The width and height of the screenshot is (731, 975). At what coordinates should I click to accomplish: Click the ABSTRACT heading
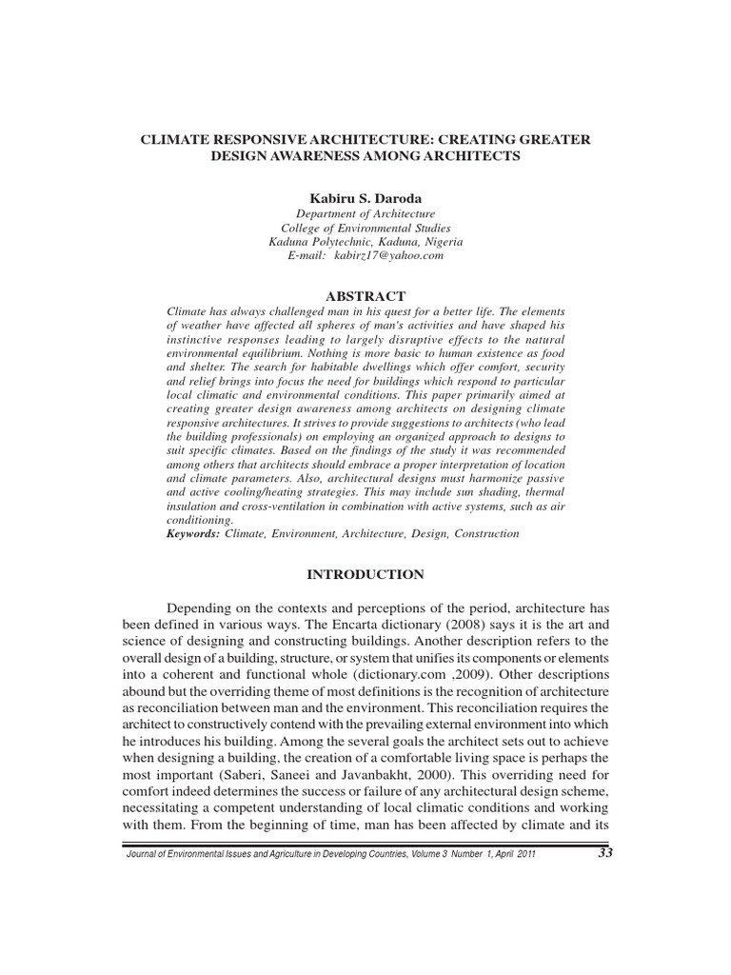[365, 296]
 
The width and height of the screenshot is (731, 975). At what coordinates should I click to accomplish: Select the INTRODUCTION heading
[365, 574]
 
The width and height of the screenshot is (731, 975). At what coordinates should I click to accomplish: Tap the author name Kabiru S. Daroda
[365, 197]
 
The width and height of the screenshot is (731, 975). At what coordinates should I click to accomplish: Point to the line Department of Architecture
[365, 214]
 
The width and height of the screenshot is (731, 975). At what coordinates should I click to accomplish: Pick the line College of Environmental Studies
[365, 229]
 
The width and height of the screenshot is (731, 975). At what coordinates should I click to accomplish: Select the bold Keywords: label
[193, 534]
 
